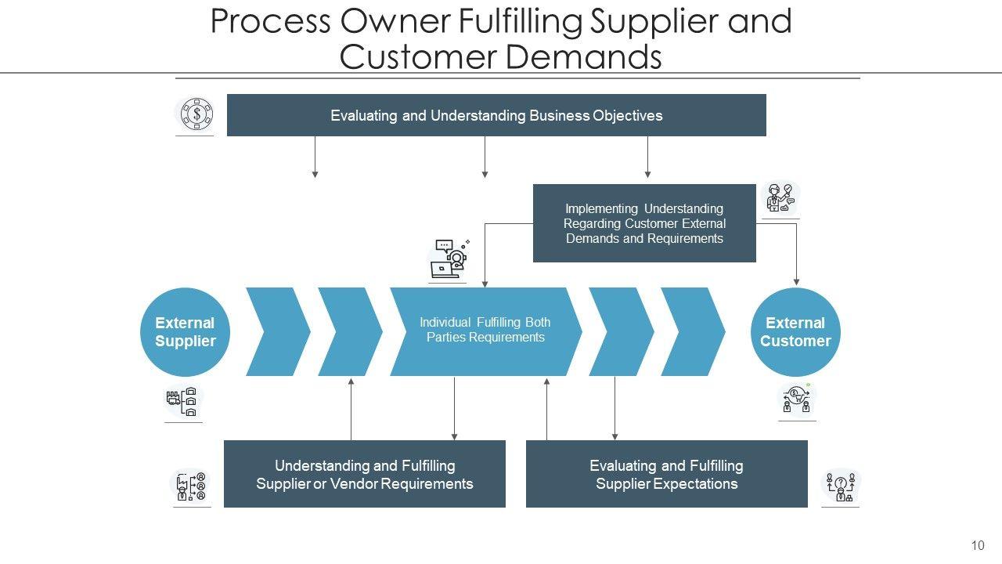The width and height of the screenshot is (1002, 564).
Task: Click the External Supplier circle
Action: [x=185, y=332]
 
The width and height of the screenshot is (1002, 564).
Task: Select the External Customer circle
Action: [x=795, y=332]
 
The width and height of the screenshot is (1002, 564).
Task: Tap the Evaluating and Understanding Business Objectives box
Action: [x=496, y=115]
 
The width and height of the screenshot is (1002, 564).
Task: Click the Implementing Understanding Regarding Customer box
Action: [x=644, y=223]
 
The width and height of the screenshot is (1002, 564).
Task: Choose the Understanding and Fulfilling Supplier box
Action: [x=365, y=474]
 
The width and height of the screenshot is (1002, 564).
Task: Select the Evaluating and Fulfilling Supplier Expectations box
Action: [x=667, y=474]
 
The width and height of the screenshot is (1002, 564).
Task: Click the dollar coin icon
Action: [x=196, y=114]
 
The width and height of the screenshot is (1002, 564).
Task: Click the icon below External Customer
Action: [x=798, y=400]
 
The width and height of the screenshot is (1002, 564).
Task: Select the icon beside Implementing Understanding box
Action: [x=780, y=198]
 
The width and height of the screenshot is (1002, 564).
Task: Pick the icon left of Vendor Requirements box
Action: [x=191, y=486]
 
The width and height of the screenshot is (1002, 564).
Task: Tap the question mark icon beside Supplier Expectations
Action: [x=840, y=486]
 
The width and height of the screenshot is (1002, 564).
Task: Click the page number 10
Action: [x=978, y=546]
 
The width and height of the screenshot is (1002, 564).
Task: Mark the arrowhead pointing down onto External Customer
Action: [x=797, y=282]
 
